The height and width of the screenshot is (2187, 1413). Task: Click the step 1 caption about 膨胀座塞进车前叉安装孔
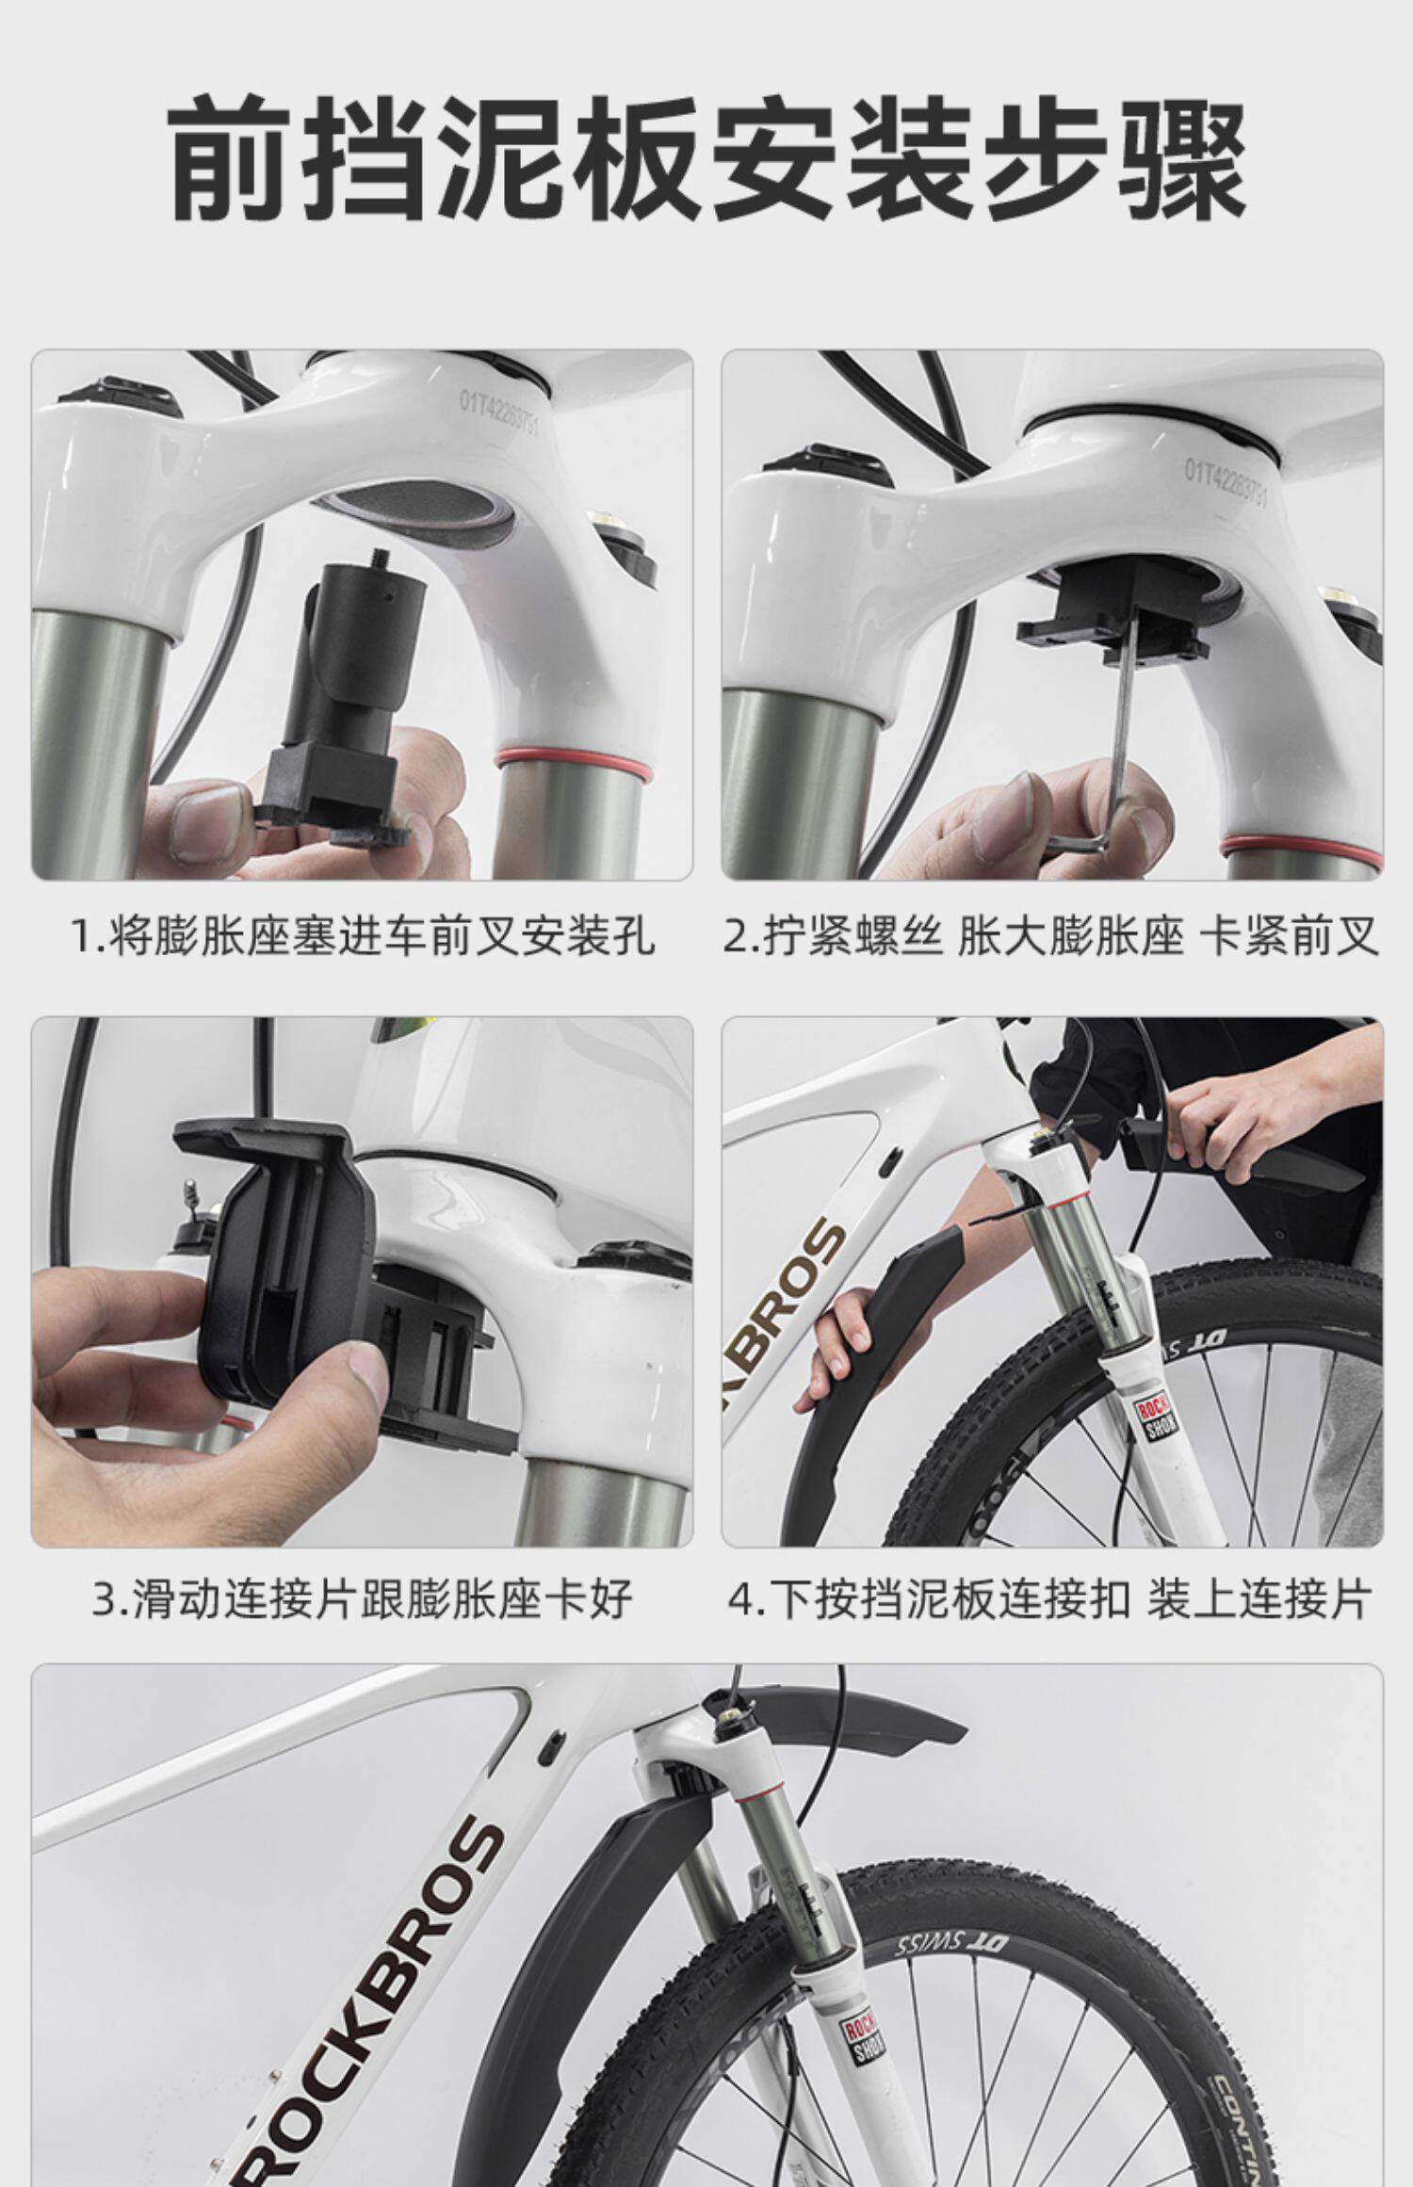[x=363, y=937]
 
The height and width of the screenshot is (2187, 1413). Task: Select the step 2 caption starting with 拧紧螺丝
[x=1051, y=937]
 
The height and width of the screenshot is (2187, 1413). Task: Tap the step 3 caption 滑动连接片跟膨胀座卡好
[x=363, y=1600]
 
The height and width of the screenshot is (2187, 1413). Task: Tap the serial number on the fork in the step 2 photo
[x=1226, y=482]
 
